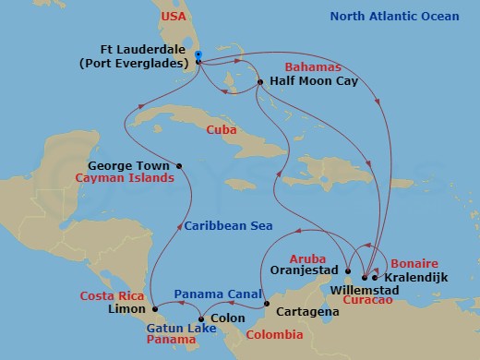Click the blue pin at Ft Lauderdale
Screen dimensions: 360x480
[x=198, y=55]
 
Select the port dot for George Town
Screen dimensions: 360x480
[x=179, y=166]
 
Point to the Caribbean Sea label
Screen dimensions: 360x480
[x=225, y=225]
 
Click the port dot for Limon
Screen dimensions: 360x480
[x=154, y=307]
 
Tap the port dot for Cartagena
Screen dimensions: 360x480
[x=266, y=304]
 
